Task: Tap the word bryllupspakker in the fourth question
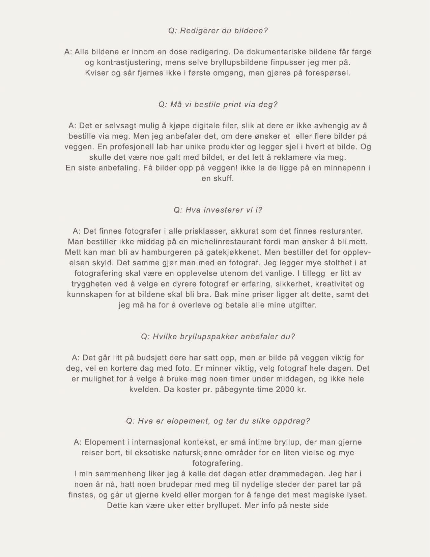pyautogui.click(x=206, y=337)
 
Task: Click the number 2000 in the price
pyautogui.click(x=285, y=389)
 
